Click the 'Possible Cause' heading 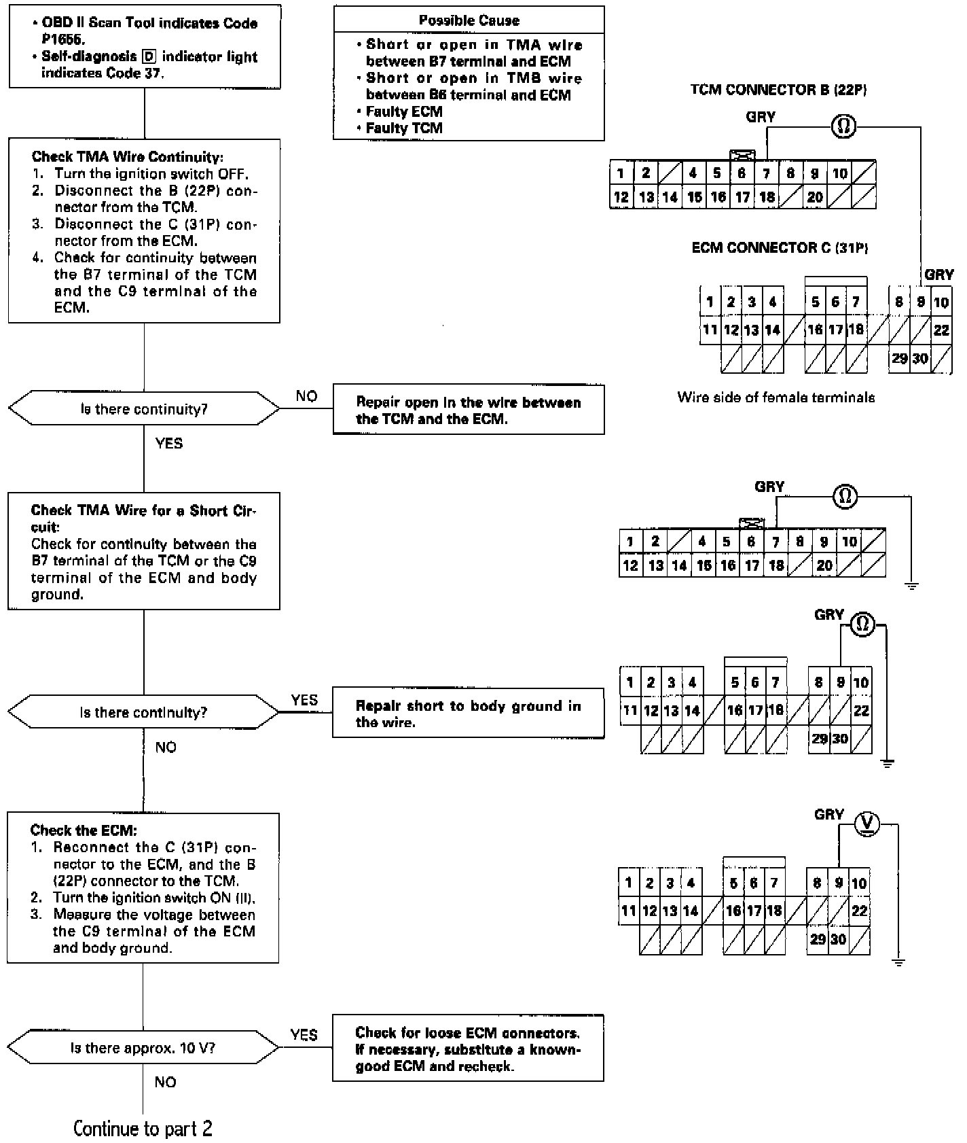tap(469, 20)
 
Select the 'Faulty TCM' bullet tap(404, 128)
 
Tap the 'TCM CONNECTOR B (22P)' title tap(778, 90)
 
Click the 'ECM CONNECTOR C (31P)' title tap(780, 248)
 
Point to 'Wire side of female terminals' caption tap(776, 398)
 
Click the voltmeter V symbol tap(866, 824)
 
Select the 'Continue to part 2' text tap(143, 1129)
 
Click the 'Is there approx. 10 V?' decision tap(143, 1048)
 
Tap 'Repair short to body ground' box tap(468, 714)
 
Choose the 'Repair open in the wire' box tap(468, 410)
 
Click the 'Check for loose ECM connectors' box tap(467, 1049)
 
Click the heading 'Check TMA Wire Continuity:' tap(128, 157)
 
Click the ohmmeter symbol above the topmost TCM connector tap(843, 126)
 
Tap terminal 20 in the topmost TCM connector tap(815, 197)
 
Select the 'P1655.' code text tap(62, 39)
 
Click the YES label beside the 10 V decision tap(304, 1034)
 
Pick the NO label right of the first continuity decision tap(306, 396)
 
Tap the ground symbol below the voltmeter tap(898, 962)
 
